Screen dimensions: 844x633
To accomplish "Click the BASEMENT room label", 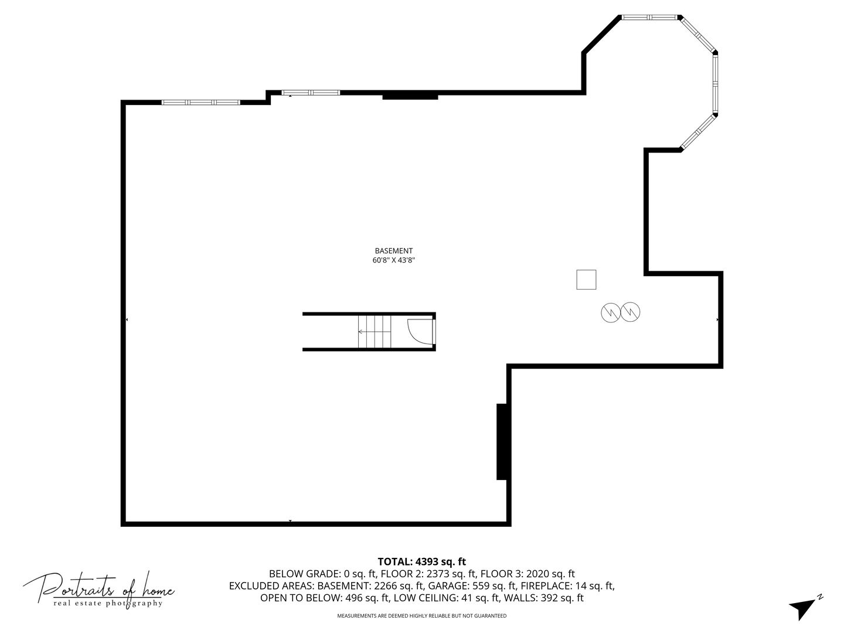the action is [393, 251].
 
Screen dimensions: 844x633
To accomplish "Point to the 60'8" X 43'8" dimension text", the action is [393, 260].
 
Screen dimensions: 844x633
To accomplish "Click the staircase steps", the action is [374, 331].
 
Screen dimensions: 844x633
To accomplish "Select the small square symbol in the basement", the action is [586, 280].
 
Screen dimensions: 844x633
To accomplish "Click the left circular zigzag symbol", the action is [611, 312].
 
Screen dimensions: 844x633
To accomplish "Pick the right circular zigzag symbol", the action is [630, 312].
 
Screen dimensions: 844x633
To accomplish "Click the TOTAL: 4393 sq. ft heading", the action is [422, 562].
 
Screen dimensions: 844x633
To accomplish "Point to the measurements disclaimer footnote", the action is [422, 615].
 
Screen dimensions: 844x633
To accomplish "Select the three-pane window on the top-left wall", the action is [200, 103].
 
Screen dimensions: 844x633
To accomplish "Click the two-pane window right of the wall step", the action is [311, 93].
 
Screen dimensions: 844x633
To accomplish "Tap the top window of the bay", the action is [649, 18].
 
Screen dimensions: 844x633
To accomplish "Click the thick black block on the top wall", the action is [410, 95].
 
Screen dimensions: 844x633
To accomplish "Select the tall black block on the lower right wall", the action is [502, 441].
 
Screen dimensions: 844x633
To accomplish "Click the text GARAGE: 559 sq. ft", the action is [471, 586].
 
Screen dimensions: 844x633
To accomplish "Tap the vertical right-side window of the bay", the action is [715, 83].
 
